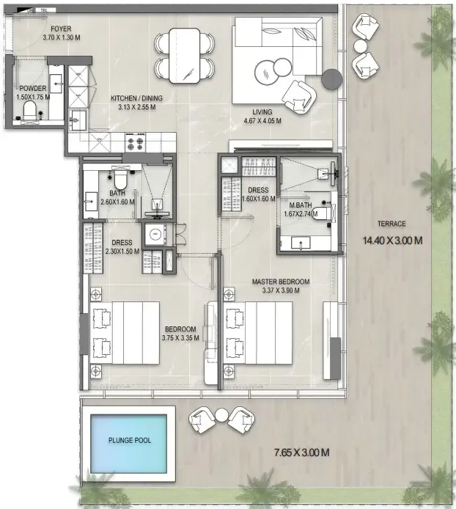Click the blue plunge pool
pos(128,444)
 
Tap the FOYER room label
pos(61,29)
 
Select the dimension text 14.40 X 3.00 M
pos(392,241)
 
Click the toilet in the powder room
pos(30,109)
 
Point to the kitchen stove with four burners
pos(135,143)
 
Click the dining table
pos(184,55)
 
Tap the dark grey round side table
pos(331,79)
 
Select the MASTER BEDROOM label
pos(281,282)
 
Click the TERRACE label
pos(391,224)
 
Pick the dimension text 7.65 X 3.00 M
pos(302,453)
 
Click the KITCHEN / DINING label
pos(136,98)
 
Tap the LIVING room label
pos(262,112)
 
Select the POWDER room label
pos(33,88)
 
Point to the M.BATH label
pos(301,205)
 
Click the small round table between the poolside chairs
pos(222,416)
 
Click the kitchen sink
pos(78,120)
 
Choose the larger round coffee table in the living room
pos(265,73)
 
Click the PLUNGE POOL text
pos(130,441)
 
